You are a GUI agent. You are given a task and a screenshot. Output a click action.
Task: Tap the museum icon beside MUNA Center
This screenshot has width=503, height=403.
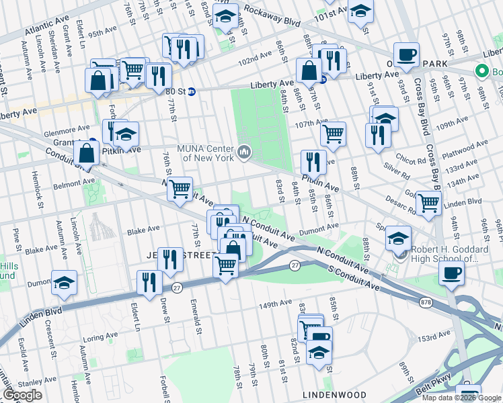(243, 152)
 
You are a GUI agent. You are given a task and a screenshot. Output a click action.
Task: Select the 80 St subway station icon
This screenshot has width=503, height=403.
(191, 92)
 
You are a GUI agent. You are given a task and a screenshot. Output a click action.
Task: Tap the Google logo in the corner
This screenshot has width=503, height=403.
(22, 395)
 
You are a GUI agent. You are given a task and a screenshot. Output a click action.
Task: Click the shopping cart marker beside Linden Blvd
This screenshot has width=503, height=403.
(428, 202)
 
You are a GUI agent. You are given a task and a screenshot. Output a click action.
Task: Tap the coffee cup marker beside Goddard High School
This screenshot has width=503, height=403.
(451, 272)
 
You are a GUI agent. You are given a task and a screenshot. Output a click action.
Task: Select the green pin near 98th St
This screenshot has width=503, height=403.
(481, 71)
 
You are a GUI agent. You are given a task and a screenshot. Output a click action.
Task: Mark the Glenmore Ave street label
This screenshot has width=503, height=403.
(73, 128)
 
